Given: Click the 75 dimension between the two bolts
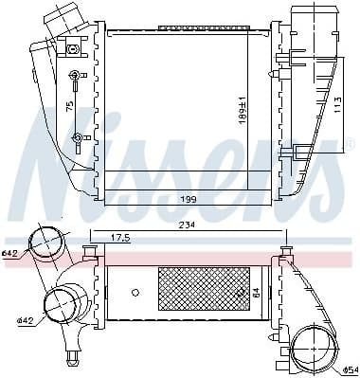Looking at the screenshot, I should click(70, 107).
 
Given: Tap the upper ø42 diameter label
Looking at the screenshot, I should click(10, 253).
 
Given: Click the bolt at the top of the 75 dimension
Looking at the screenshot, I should click(76, 75).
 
